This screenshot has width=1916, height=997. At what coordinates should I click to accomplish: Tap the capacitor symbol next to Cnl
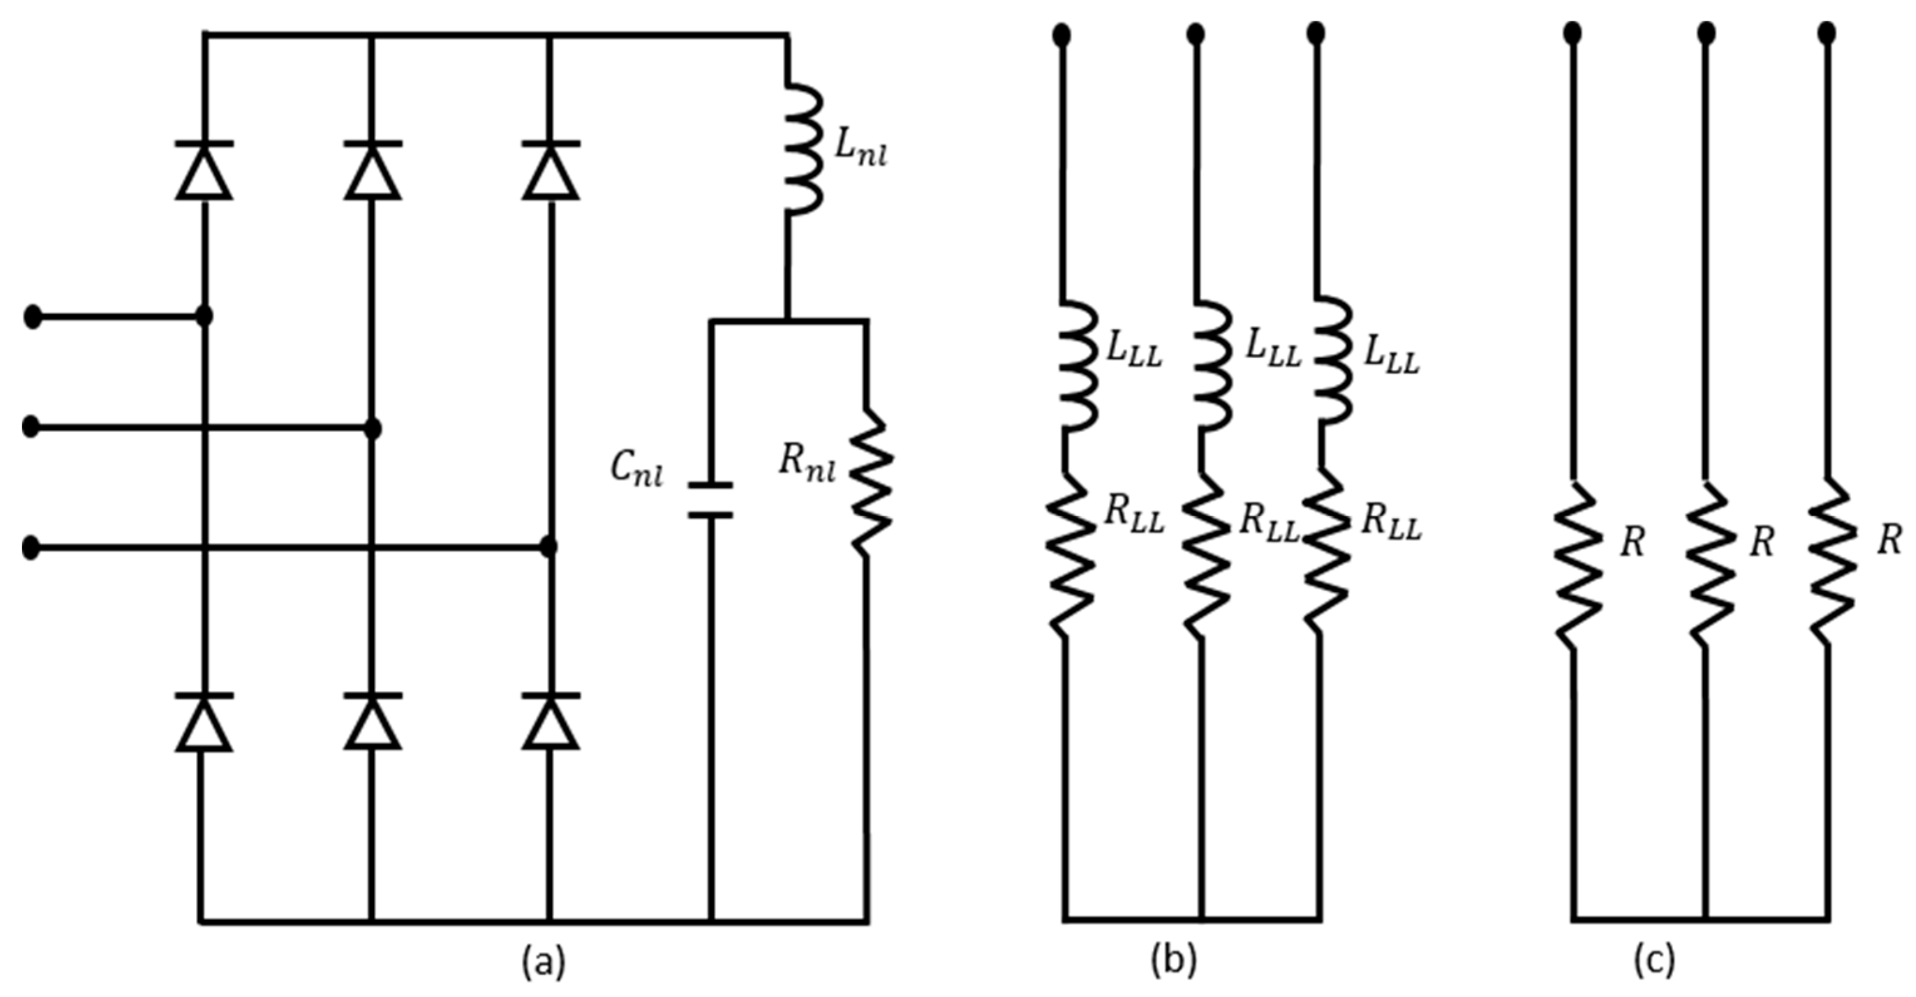pos(710,499)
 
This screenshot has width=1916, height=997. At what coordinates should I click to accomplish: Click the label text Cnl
pos(636,470)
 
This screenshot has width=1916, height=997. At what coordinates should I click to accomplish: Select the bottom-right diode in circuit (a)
pos(550,723)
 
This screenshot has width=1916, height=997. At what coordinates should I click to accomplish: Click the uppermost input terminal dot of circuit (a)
pos(33,316)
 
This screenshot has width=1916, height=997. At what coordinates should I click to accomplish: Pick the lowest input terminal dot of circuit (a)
pos(31,548)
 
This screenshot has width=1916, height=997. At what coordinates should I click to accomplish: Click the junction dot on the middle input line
pos(374,429)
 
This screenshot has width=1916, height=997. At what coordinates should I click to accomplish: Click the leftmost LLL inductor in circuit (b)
pos(1075,366)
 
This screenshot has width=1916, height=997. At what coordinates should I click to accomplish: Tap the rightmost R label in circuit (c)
pos(1889,541)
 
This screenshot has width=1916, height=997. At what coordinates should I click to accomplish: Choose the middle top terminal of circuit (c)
pos(1707,33)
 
